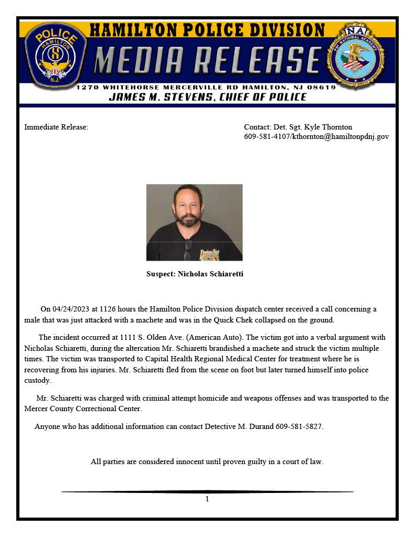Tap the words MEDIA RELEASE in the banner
[207, 61]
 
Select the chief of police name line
[207, 97]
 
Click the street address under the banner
[206, 87]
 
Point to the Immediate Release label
[56, 127]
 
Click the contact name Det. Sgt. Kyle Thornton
[298, 127]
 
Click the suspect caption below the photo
[195, 274]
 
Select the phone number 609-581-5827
[299, 426]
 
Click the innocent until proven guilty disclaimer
[207, 462]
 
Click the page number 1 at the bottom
[207, 499]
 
